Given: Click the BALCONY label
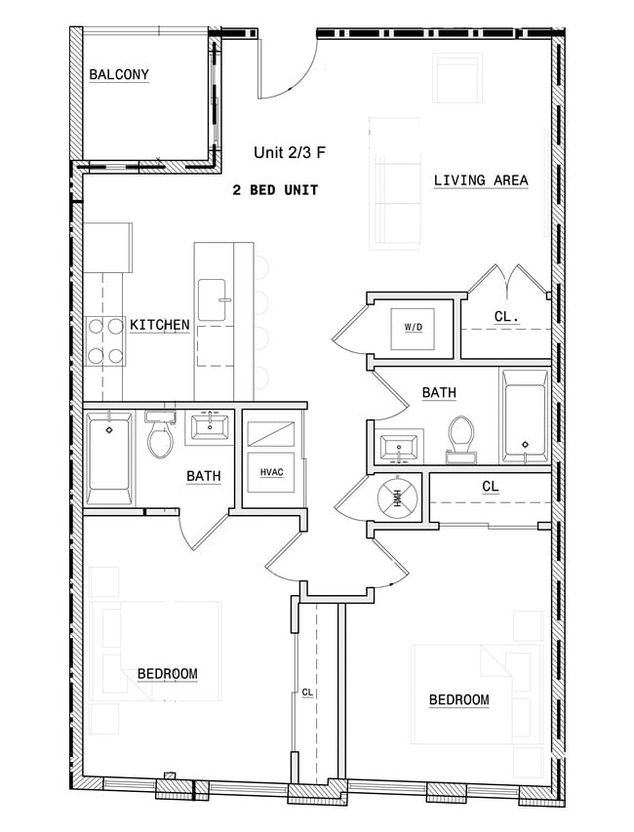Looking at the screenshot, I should click(x=119, y=75).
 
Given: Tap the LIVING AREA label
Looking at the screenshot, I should click(x=481, y=180).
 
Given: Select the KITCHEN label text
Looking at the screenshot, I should click(x=160, y=325).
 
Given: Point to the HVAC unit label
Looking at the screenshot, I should click(x=271, y=472).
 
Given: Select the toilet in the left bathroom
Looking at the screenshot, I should click(x=159, y=437).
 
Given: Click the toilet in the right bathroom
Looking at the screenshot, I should click(x=460, y=436).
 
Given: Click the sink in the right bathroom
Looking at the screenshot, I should click(x=400, y=449).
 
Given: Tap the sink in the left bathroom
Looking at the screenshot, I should click(x=211, y=425).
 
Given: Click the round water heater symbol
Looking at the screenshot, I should click(x=398, y=497).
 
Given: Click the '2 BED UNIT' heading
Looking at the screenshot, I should click(x=276, y=190).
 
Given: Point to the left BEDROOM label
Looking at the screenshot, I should click(x=167, y=674).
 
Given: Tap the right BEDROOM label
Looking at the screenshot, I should click(x=458, y=699).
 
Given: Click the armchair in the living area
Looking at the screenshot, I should click(x=457, y=79).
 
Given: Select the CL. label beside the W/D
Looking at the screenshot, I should click(x=505, y=316).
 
